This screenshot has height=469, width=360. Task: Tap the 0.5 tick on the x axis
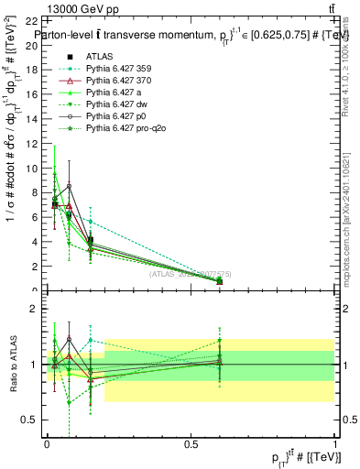191,442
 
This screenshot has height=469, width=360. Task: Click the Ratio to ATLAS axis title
12,365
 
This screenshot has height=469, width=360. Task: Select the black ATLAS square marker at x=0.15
90,241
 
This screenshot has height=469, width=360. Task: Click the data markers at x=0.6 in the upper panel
219,281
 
